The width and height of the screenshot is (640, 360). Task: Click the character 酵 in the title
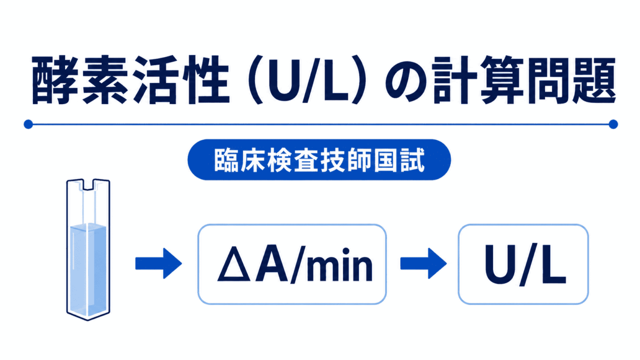click(x=54, y=80)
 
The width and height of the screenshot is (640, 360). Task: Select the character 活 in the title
click(x=154, y=80)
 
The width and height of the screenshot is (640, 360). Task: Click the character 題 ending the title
click(x=593, y=80)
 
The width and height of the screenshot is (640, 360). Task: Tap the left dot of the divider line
click(x=28, y=124)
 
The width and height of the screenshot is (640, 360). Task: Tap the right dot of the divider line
click(x=613, y=124)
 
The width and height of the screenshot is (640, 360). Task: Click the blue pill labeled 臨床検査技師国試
click(x=319, y=159)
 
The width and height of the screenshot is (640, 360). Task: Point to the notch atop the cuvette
click(x=88, y=184)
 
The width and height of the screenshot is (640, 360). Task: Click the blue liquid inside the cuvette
click(x=88, y=270)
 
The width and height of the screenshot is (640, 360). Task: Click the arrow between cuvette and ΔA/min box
click(x=158, y=263)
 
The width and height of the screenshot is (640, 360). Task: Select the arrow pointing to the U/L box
click(x=423, y=263)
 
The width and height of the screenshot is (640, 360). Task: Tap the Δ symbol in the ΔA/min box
click(x=234, y=263)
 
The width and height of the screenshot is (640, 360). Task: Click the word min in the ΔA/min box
click(x=340, y=264)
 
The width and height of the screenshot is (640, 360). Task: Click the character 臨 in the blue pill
click(x=226, y=160)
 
